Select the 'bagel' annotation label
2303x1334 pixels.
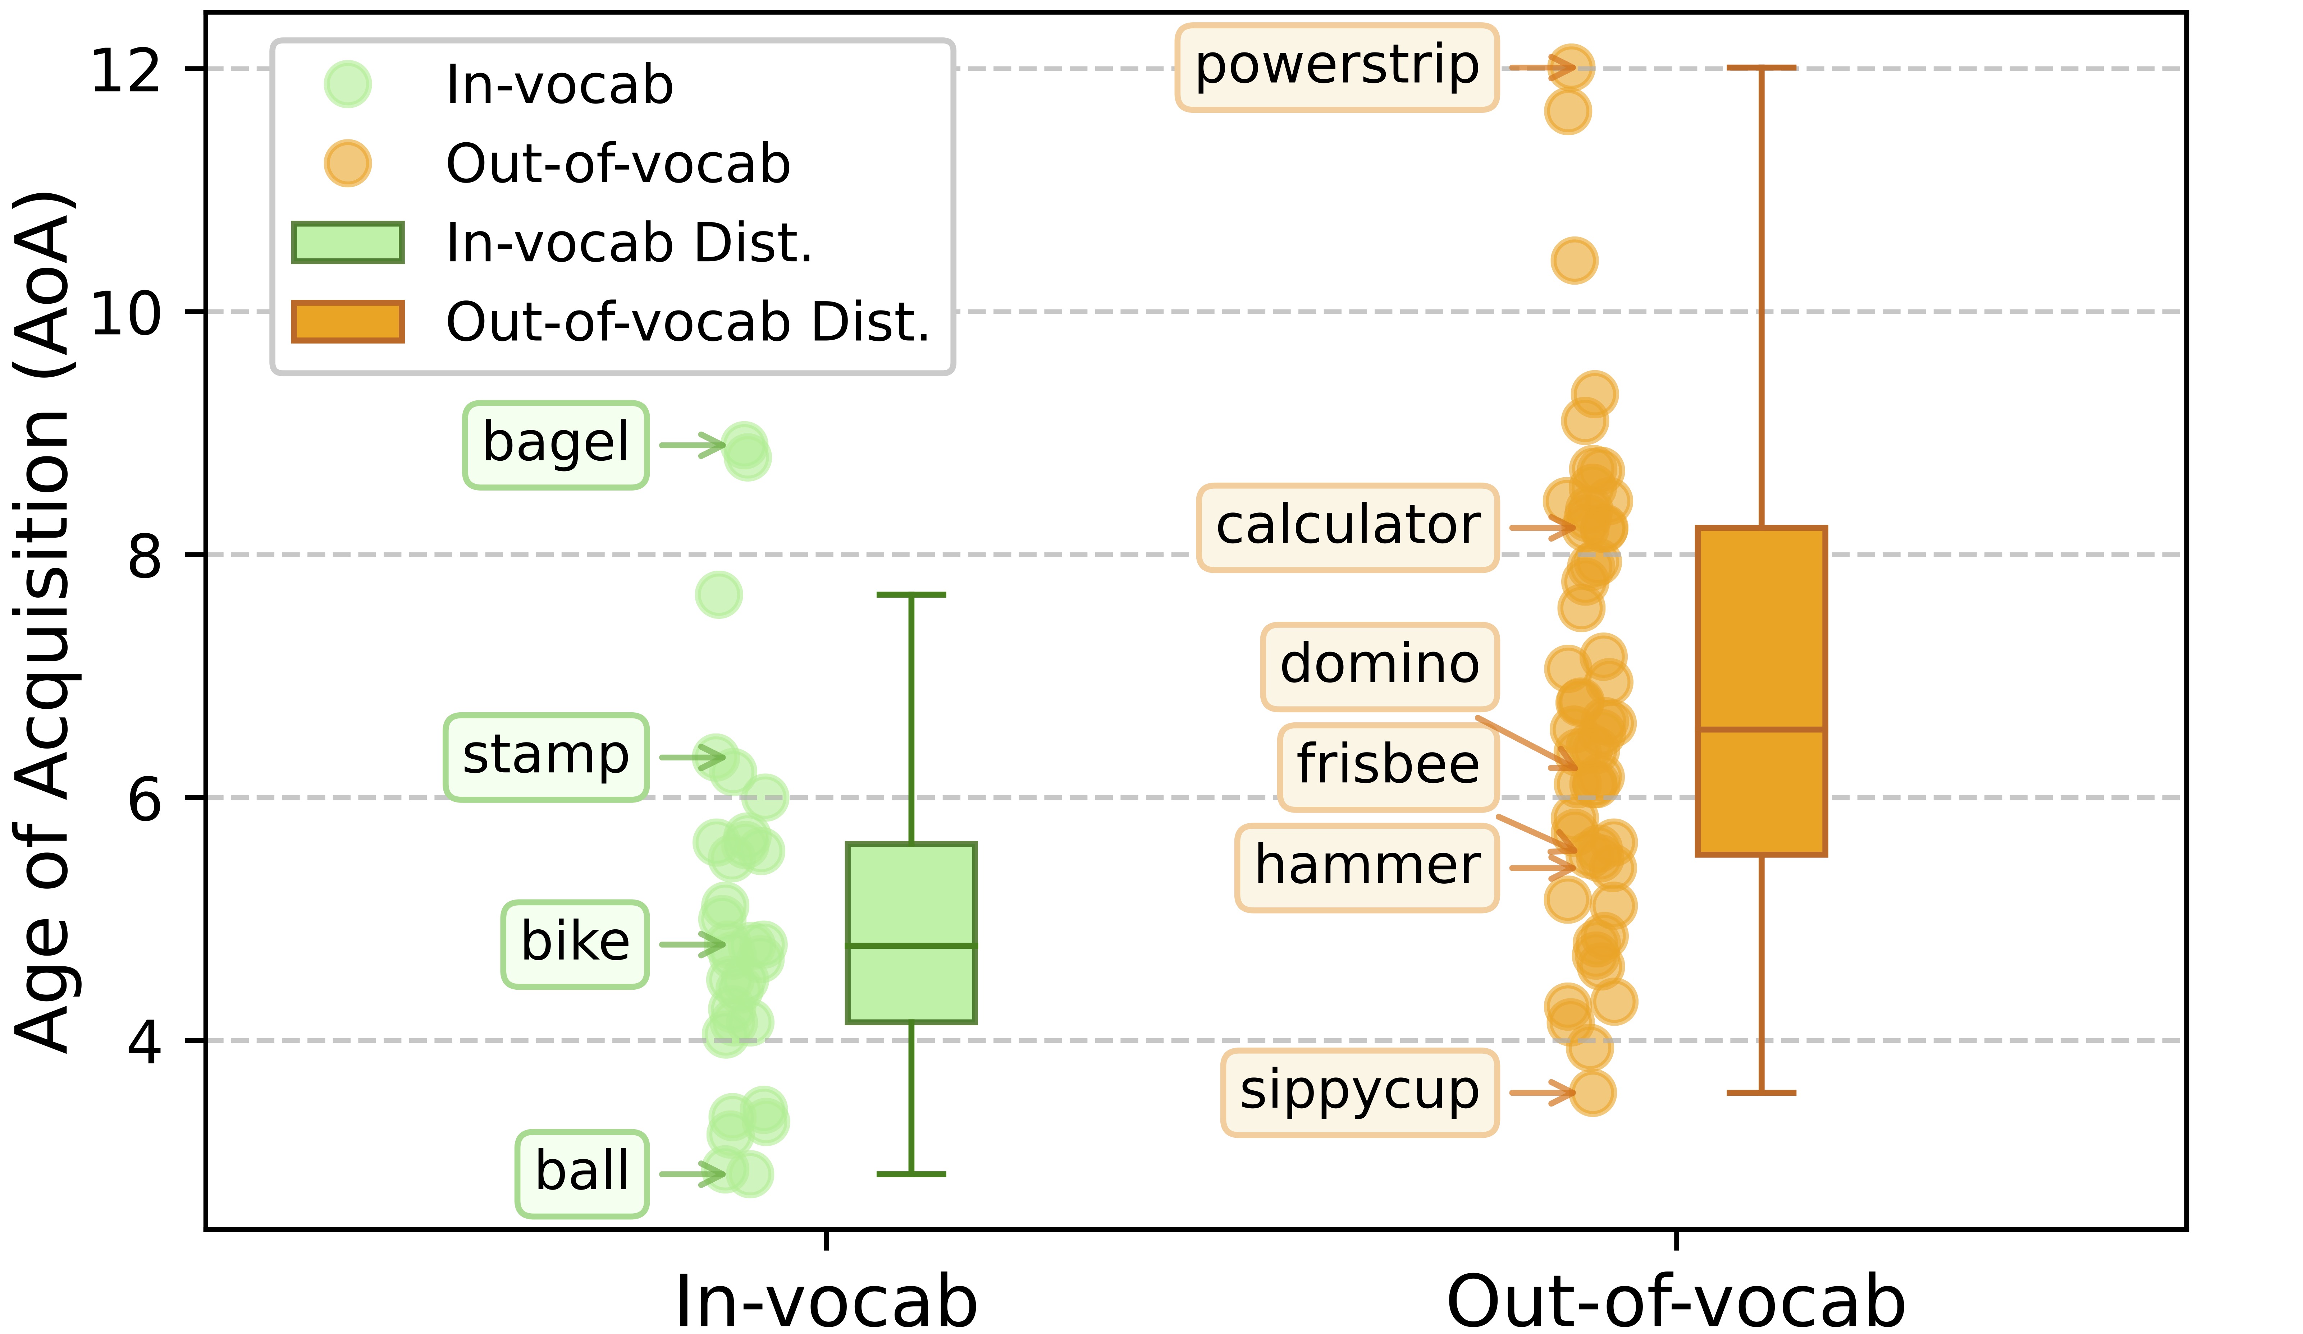556,445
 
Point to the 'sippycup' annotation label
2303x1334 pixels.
1360,1093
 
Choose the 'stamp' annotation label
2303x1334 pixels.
547,758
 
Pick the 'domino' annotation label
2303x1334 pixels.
1380,667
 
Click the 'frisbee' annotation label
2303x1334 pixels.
1388,768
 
